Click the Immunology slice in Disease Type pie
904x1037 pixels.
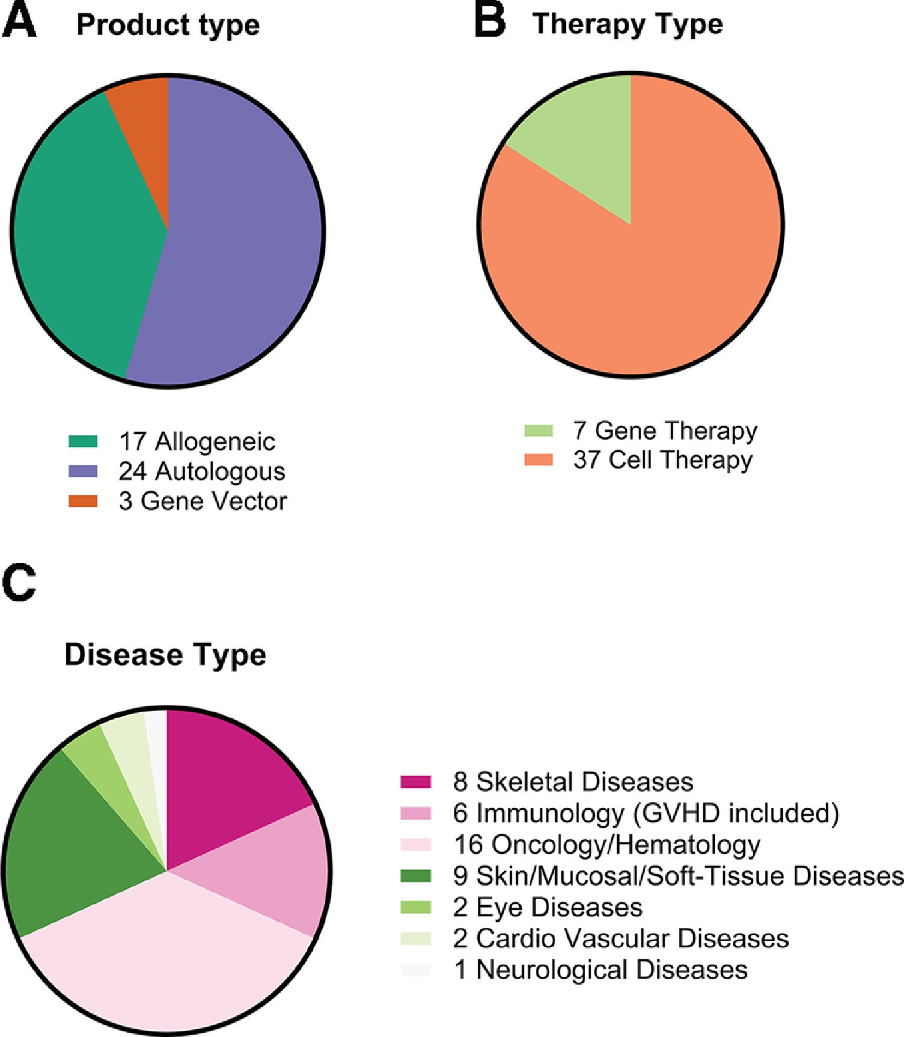271,868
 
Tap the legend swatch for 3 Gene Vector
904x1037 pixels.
83,501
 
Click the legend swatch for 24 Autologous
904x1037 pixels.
83,471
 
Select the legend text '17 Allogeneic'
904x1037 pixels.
196,442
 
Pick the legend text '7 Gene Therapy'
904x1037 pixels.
665,431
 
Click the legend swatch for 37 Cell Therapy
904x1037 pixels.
538,460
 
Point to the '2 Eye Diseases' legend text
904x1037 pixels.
547,907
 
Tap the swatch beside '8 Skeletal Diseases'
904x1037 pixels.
415,782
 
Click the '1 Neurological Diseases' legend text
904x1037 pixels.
600,970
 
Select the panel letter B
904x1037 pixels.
489,22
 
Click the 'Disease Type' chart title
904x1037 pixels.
165,654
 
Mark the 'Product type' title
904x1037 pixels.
168,25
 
